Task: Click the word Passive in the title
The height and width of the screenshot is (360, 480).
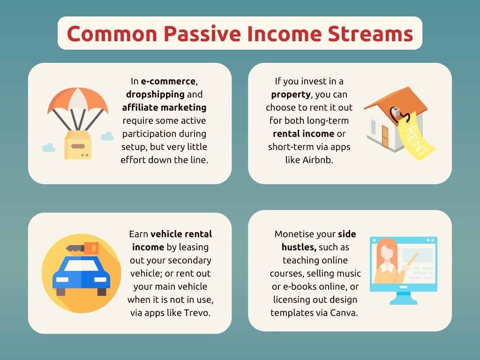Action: click(202, 34)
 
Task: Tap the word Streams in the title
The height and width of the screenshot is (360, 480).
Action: click(370, 34)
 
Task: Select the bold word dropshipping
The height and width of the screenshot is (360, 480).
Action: click(155, 94)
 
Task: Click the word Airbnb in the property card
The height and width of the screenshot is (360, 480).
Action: click(317, 160)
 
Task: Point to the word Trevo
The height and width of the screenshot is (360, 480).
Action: click(197, 313)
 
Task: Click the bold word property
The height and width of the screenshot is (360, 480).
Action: click(291, 95)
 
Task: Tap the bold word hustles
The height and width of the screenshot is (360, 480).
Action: click(299, 247)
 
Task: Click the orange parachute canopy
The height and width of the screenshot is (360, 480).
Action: click(78, 99)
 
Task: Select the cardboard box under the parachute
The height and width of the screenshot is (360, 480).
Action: click(78, 145)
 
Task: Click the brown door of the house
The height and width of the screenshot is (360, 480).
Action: click(385, 137)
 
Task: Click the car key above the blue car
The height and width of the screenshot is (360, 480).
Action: click(82, 248)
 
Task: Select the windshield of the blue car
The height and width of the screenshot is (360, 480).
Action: click(81, 266)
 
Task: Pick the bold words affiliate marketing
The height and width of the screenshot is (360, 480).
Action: click(164, 107)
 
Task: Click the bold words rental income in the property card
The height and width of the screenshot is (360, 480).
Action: click(303, 134)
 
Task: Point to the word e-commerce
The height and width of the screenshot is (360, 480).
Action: click(168, 81)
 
